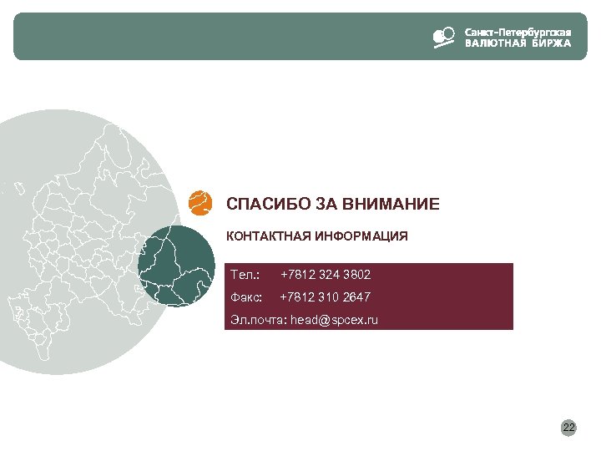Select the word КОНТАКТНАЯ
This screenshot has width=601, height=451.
pyautogui.click(x=269, y=236)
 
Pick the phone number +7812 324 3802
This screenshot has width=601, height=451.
pyautogui.click(x=326, y=275)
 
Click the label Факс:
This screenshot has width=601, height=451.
pyautogui.click(x=246, y=297)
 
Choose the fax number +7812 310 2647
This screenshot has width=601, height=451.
pyautogui.click(x=326, y=297)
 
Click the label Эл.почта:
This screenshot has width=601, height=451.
pyautogui.click(x=257, y=320)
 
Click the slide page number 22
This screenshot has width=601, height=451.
pyautogui.click(x=568, y=428)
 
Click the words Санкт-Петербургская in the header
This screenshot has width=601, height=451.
pyautogui.click(x=518, y=32)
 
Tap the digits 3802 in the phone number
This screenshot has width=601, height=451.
pyautogui.click(x=356, y=275)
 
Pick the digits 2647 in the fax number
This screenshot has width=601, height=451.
pyautogui.click(x=356, y=297)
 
